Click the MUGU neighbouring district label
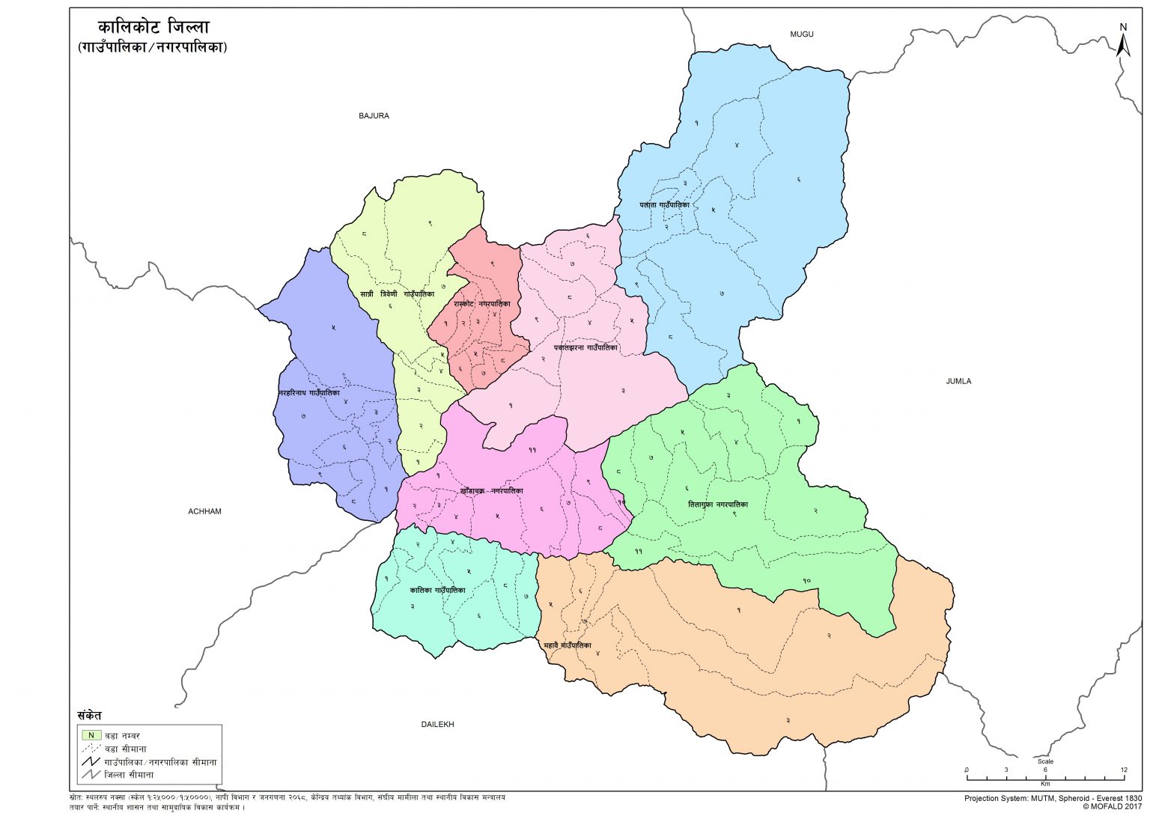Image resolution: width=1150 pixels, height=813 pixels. pos(801,34)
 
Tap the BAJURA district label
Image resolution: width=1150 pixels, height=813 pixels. pos(374,116)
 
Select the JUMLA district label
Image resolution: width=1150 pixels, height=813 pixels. pos(958,382)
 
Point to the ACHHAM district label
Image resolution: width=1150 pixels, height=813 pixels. pos(204,512)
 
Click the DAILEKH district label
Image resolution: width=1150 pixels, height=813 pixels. pos(437,725)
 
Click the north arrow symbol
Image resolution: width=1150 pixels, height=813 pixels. pos(1122,40)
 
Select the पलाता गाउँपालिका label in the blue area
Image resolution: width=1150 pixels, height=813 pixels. pos(664,204)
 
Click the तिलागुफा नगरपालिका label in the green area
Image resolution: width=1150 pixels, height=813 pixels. pos(717,505)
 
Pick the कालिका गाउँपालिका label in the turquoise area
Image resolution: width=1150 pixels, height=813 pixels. pos(437,590)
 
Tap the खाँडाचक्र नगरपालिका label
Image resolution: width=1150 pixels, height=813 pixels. pos(492,491)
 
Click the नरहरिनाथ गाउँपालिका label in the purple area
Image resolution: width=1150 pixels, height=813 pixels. pos(308,392)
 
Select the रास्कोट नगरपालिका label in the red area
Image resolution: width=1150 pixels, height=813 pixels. pos(482,304)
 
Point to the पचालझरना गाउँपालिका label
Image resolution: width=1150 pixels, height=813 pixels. pos(585,347)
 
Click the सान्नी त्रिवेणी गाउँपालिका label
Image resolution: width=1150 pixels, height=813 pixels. pos(397,294)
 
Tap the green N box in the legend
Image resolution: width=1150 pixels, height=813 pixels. pos(91,735)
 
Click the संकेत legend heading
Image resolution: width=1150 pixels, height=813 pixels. pos(89,716)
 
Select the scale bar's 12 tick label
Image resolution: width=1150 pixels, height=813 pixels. pos(1123,770)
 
